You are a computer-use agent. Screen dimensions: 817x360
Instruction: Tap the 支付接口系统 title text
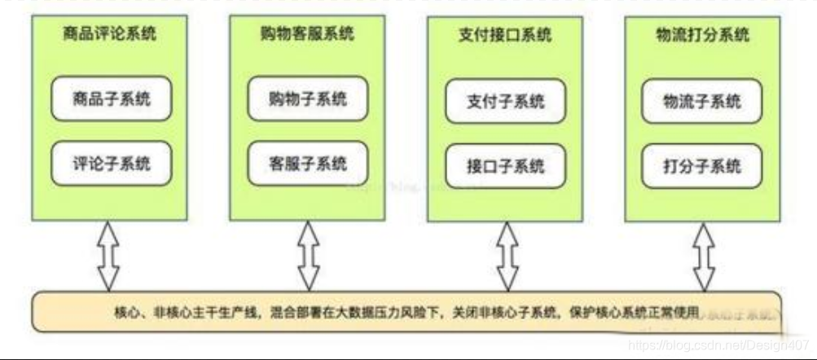coord(505,36)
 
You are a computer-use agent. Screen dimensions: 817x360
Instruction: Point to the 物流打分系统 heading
coord(703,36)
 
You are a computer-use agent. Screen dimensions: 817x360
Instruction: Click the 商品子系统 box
coord(112,99)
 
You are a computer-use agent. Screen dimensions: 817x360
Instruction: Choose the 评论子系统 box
coord(112,163)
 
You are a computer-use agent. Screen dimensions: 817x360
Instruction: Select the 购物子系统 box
coord(308,99)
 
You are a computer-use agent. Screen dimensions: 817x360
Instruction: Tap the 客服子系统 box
coord(308,163)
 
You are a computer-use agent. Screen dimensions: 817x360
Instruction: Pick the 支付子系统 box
coord(506,103)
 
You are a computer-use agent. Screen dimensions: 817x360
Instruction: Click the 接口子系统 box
coord(506,167)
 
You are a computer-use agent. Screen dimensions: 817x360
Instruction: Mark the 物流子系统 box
coord(703,103)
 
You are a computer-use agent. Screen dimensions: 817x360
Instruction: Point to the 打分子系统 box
coord(703,167)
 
